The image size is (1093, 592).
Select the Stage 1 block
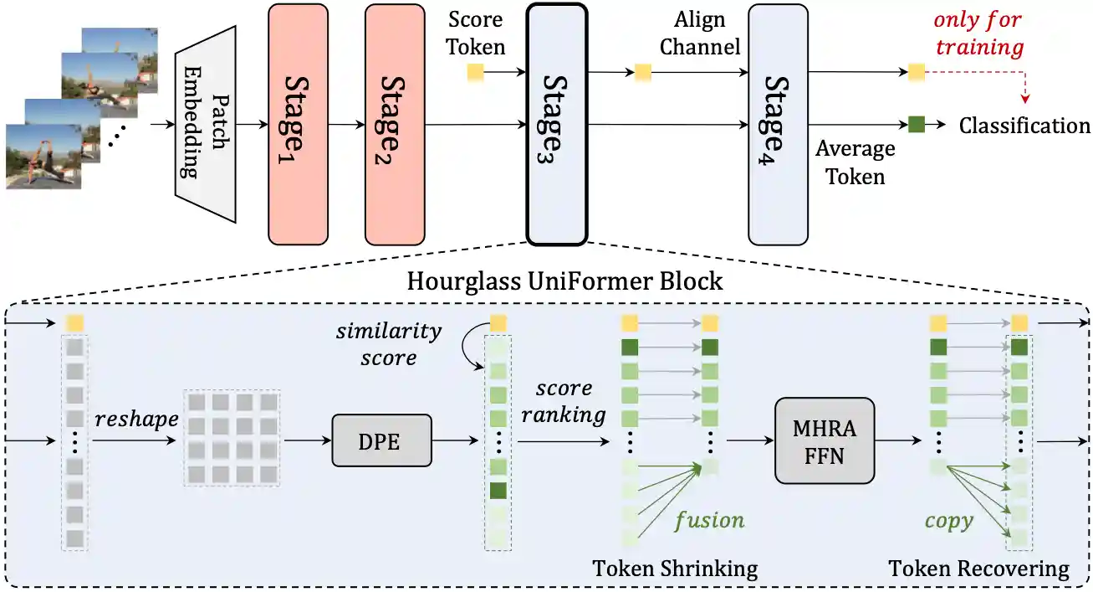[298, 124]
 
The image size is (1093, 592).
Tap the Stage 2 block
[395, 124]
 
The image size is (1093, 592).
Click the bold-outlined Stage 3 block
[557, 124]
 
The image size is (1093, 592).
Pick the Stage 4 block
[779, 124]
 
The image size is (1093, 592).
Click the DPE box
[382, 440]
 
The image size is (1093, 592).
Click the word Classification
[1024, 126]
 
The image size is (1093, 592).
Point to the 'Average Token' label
[855, 162]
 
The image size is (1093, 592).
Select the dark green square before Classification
[917, 126]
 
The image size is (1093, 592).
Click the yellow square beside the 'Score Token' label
[475, 72]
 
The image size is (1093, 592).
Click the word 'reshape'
[135, 419]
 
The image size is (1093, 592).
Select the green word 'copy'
[949, 520]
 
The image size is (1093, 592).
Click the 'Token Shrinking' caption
[675, 569]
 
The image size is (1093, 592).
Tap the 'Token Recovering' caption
[978, 569]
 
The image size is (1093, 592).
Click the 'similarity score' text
[389, 344]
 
